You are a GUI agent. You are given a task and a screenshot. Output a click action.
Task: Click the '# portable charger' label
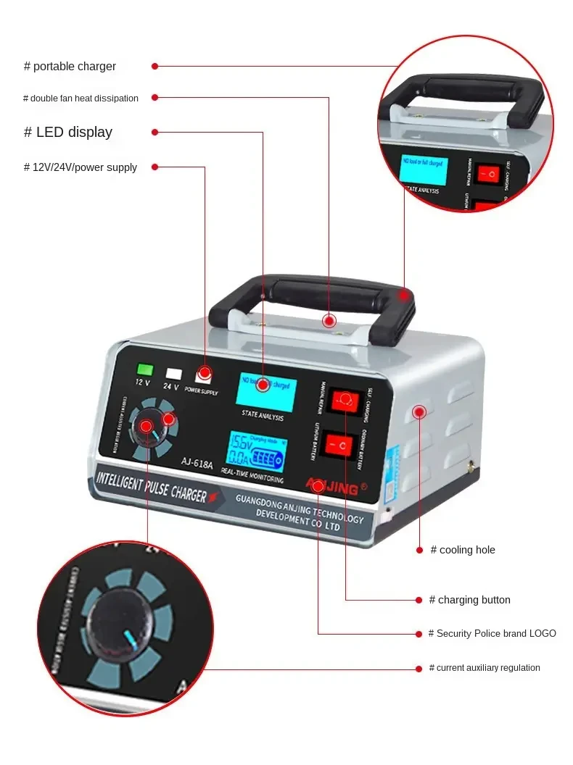tap(70, 67)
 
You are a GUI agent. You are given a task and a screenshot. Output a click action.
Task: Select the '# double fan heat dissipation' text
tap(81, 99)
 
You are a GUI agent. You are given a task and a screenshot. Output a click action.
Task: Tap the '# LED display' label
tap(68, 133)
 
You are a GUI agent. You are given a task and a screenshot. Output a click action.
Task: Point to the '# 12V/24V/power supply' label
tap(81, 167)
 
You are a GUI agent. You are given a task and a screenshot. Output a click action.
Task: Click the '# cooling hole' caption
tap(463, 550)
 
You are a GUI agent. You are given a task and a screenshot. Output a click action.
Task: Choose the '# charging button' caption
tap(469, 600)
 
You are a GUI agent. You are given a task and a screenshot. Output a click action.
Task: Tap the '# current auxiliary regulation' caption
tap(484, 668)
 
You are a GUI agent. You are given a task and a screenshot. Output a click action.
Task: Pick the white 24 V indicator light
tap(173, 374)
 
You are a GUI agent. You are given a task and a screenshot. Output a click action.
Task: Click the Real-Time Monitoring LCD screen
tap(257, 451)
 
